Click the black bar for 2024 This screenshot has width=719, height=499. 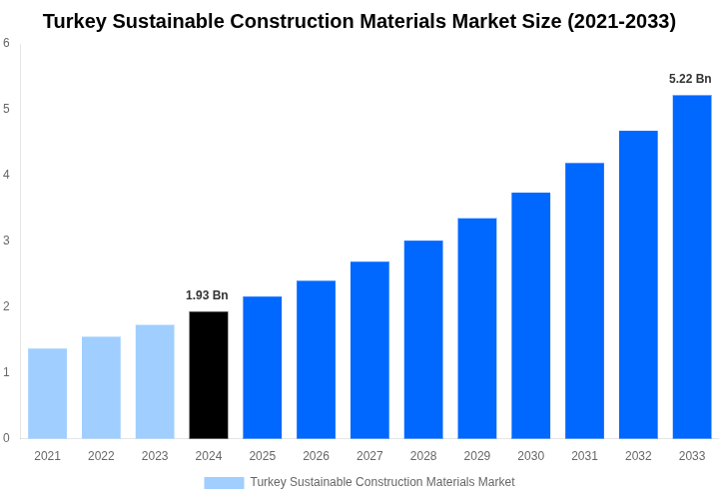[209, 374]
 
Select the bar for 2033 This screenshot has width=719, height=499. [692, 266]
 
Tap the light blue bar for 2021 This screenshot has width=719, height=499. [47, 393]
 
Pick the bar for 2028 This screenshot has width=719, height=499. [423, 339]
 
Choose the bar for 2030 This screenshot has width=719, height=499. [530, 315]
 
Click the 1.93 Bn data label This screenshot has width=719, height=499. [207, 295]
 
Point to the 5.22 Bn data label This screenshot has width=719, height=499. [690, 79]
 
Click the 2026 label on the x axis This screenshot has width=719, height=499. [316, 456]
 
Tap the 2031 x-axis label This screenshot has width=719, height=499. [584, 456]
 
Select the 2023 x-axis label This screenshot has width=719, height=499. [155, 456]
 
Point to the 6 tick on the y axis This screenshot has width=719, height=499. [6, 43]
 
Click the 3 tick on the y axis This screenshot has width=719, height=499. [6, 241]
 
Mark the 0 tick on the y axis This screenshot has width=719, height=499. [6, 438]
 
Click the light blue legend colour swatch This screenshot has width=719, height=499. [224, 483]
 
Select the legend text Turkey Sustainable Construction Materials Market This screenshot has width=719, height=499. [382, 482]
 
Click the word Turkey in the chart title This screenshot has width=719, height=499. [75, 21]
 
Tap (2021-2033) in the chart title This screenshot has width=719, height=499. [621, 21]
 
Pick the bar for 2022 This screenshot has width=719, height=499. [101, 387]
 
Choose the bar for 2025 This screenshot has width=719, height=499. [262, 367]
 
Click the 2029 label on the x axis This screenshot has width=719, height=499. [477, 456]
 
